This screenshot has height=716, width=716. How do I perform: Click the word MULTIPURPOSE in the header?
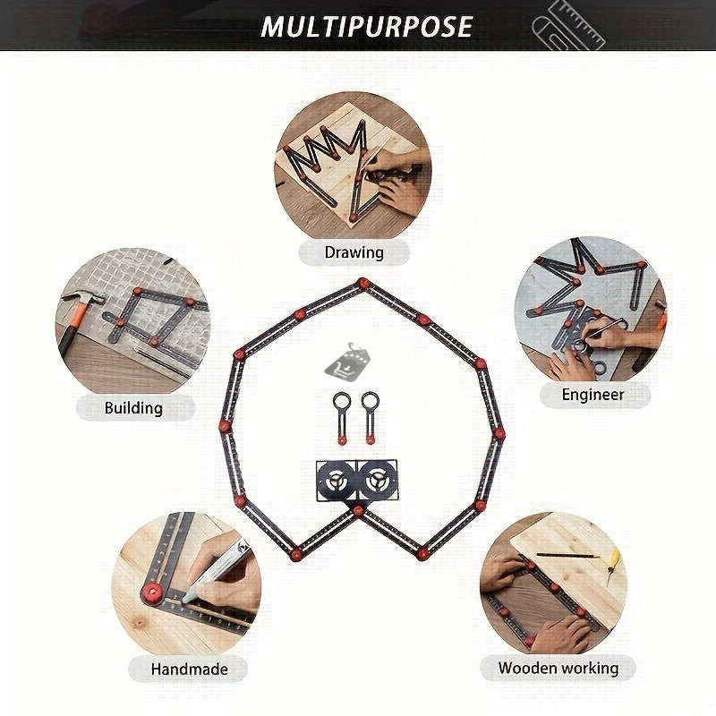[x=366, y=27]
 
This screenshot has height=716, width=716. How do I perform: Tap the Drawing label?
[x=354, y=252]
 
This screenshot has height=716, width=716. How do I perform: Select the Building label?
[x=133, y=408]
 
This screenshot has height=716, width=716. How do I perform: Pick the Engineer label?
[x=592, y=395]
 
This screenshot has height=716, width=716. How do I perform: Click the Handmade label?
[x=190, y=669]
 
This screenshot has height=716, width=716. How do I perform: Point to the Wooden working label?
[x=558, y=668]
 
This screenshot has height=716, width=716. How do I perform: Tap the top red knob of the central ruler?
[x=363, y=283]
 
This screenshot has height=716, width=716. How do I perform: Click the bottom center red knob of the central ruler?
[x=359, y=510]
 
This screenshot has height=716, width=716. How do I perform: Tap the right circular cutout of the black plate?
[x=379, y=481]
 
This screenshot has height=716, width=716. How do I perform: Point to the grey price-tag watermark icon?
[x=347, y=361]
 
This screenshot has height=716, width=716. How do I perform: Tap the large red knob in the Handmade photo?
[x=151, y=592]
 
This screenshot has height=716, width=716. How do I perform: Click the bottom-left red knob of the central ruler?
[x=296, y=554]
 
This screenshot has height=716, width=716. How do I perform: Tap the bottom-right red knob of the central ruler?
[x=422, y=554]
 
